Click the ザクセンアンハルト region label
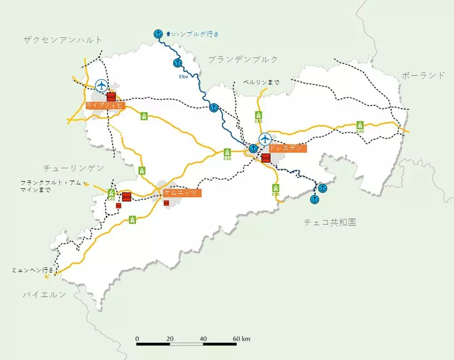point(63,40)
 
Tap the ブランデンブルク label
point(243,59)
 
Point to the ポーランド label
point(423,75)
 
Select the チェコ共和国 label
point(330,222)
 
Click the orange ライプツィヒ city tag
point(105,105)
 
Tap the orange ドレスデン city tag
point(287,148)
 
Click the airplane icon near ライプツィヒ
point(101,85)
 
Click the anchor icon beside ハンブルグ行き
point(158,34)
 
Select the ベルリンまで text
point(261,82)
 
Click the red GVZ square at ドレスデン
point(266,158)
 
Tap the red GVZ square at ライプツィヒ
point(111,96)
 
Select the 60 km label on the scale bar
point(242,339)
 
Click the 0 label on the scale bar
point(137,339)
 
